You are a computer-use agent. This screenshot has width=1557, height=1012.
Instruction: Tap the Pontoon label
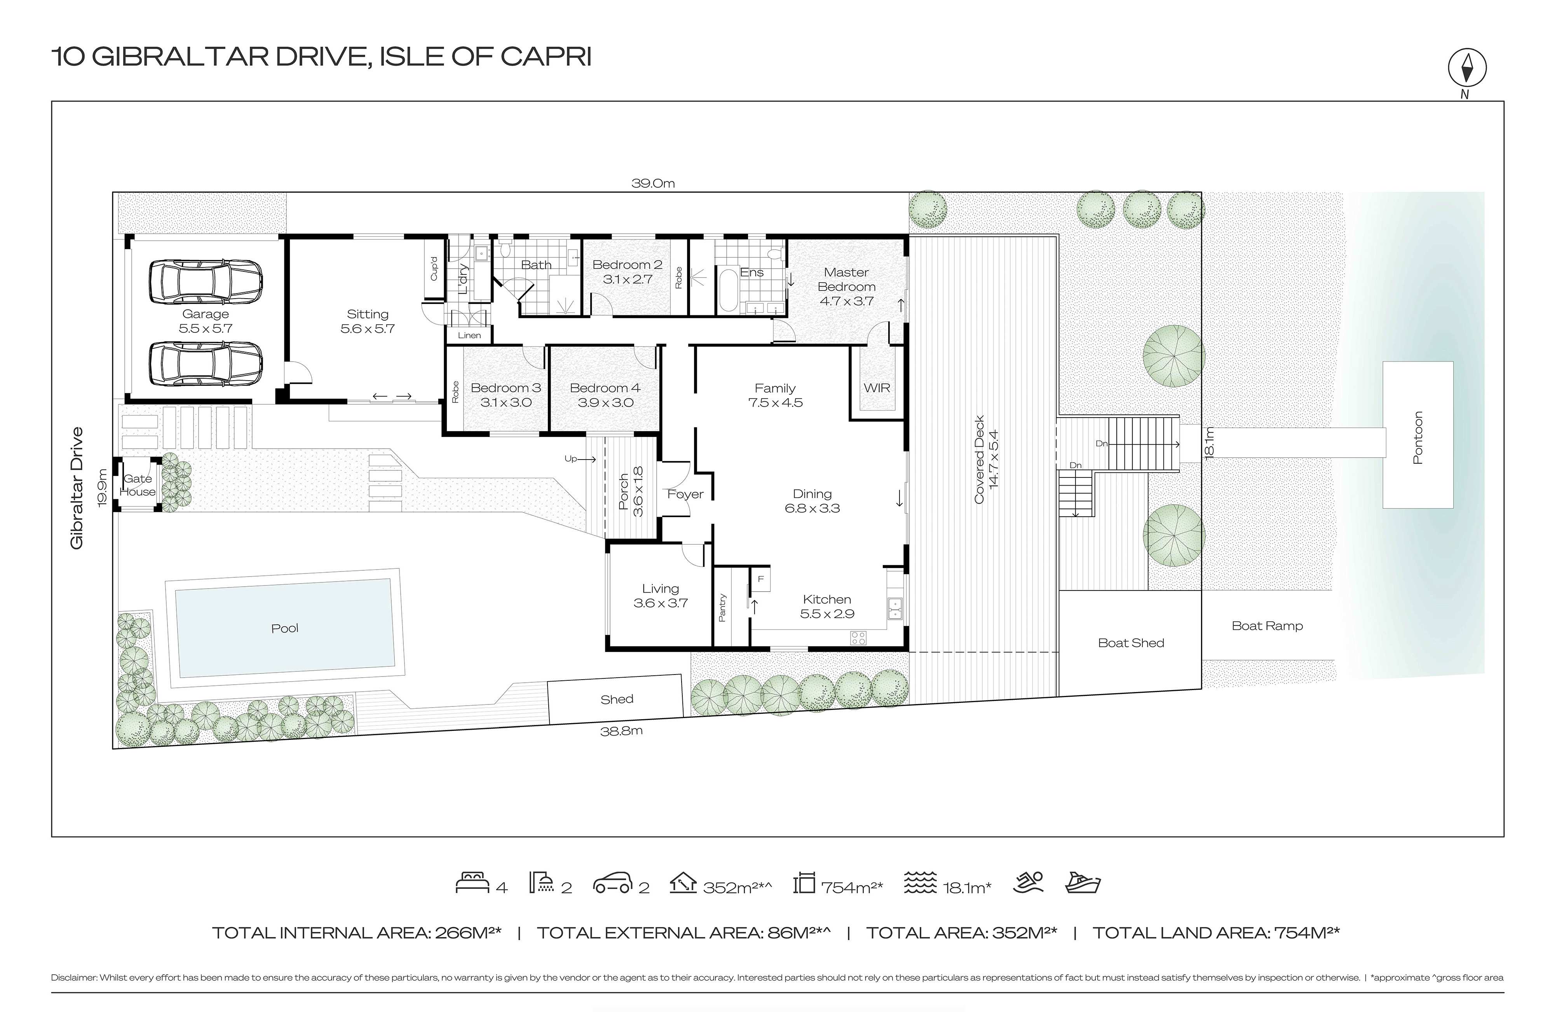[1418, 437]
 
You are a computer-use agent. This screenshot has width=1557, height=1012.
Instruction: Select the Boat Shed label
[1131, 643]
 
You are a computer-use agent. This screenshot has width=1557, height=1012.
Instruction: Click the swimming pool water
[284, 628]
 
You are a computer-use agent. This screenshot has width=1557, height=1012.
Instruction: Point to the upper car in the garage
[206, 282]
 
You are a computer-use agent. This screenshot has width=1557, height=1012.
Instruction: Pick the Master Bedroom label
[847, 280]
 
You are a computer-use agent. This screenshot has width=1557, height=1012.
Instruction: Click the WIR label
[877, 388]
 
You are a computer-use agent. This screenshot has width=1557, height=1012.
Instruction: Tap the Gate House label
[138, 485]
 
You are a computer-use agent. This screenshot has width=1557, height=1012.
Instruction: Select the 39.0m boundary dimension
[653, 183]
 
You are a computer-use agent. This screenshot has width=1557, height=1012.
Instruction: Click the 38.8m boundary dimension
[621, 731]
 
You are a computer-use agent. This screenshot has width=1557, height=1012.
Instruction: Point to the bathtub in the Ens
[727, 289]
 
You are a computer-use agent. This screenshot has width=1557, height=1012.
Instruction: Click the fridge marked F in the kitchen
[761, 579]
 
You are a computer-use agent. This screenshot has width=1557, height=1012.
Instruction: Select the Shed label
[617, 699]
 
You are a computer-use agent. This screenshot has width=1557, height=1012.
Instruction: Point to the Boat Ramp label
[1267, 626]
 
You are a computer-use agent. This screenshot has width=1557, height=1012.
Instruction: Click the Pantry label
[722, 607]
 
